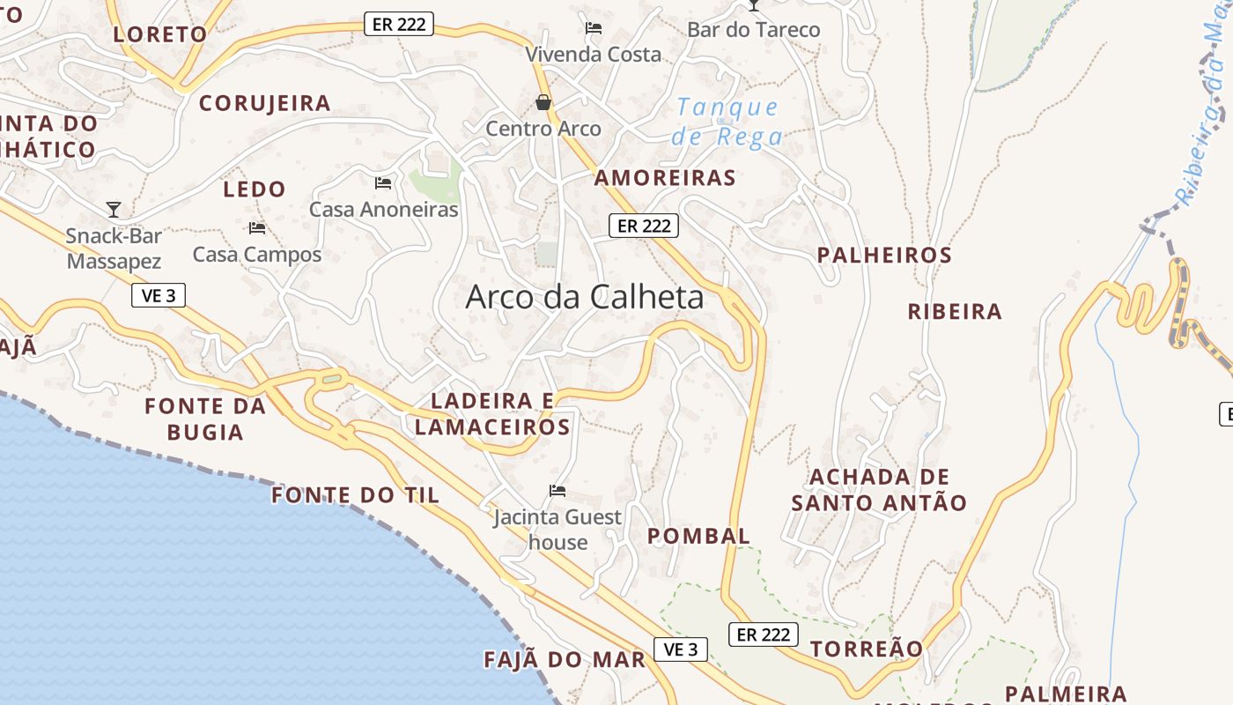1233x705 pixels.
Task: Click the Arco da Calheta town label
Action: tap(584, 297)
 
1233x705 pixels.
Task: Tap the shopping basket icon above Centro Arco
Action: tap(543, 103)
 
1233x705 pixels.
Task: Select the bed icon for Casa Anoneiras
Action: tap(383, 183)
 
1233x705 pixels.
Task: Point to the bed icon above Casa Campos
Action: tap(256, 228)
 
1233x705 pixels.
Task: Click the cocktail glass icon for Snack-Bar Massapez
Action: tap(114, 209)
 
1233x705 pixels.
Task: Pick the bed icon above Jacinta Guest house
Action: tap(557, 491)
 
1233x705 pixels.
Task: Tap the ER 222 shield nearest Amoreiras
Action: tap(644, 226)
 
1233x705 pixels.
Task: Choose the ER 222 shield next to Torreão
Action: tap(764, 634)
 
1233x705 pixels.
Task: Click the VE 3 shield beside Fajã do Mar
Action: tap(681, 649)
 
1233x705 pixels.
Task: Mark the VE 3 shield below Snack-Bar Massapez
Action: tap(159, 295)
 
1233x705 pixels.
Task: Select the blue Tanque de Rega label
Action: tap(727, 122)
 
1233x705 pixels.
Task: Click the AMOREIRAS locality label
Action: tap(665, 178)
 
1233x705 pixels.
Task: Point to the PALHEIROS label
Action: tap(884, 256)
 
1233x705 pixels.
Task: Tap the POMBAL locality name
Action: tap(698, 536)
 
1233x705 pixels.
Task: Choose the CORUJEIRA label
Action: tap(264, 103)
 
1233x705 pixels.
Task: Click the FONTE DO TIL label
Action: tap(355, 495)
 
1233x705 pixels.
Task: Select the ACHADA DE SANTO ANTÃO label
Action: tap(879, 490)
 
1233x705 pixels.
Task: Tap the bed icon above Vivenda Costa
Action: tap(594, 28)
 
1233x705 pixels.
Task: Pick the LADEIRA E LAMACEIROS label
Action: tap(492, 414)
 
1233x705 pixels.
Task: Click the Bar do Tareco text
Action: tap(753, 30)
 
